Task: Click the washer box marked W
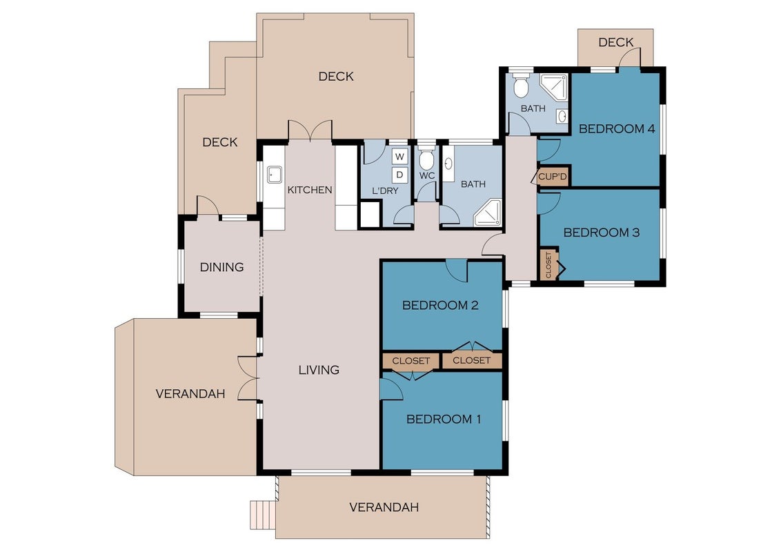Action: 399,157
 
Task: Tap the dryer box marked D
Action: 399,175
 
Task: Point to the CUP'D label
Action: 553,177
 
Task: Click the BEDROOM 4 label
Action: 617,128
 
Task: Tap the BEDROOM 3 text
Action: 601,232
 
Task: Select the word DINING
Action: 221,267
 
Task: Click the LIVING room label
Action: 319,370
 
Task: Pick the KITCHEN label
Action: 310,190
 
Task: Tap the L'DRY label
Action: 385,190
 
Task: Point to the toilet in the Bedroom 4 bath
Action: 520,86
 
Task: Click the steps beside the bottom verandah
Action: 262,515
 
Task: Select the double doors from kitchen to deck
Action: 310,130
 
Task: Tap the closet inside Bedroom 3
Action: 549,264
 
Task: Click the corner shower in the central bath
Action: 488,213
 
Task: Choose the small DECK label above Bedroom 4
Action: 615,42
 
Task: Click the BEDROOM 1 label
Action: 444,419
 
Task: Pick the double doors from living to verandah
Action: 248,378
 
